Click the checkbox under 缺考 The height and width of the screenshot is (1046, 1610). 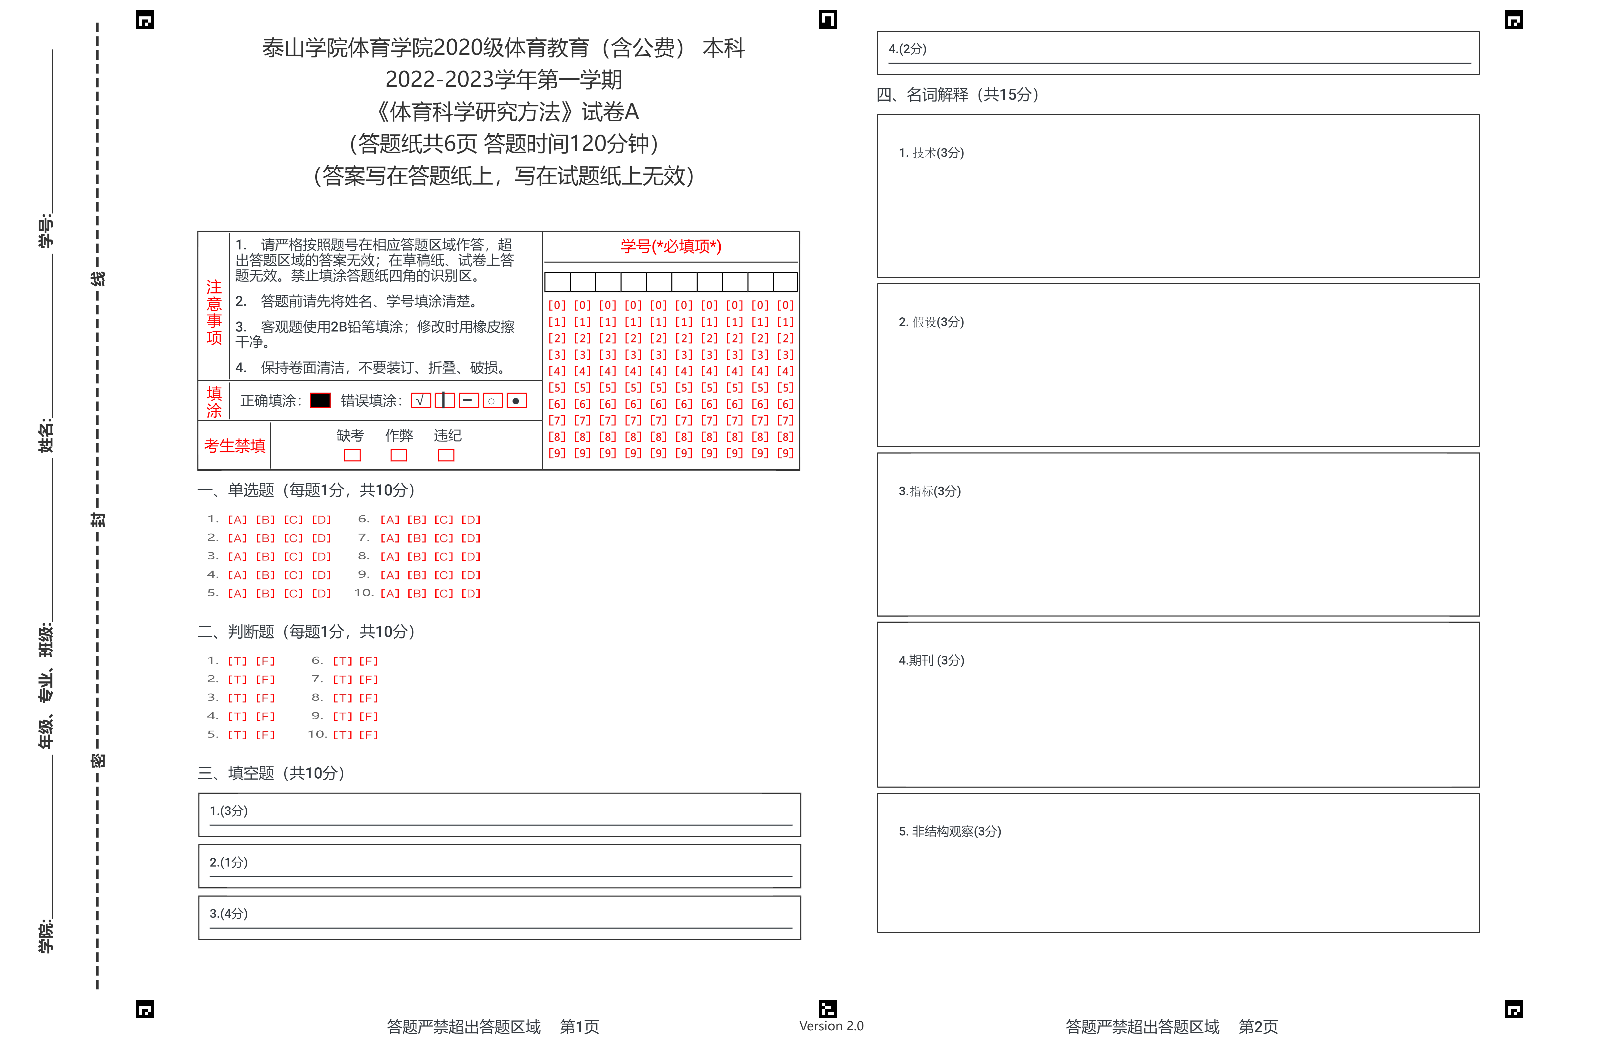click(353, 455)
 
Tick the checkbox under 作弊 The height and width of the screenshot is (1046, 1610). click(399, 455)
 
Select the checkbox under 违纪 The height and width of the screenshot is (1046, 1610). click(447, 455)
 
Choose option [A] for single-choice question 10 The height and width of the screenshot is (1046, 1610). click(390, 593)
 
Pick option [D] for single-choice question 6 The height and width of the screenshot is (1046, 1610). click(471, 520)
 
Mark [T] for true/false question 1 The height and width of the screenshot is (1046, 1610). click(237, 661)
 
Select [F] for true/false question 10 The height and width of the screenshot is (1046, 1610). click(369, 735)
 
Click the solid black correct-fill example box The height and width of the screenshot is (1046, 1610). click(320, 400)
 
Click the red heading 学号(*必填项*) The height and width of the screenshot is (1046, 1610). click(671, 246)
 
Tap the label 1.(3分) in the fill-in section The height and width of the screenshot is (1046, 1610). click(229, 811)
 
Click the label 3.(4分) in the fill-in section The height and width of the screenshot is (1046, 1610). click(229, 913)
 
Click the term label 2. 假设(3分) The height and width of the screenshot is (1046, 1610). click(931, 322)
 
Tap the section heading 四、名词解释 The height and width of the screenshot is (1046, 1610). click(957, 95)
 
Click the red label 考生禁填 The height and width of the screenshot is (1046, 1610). click(235, 446)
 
